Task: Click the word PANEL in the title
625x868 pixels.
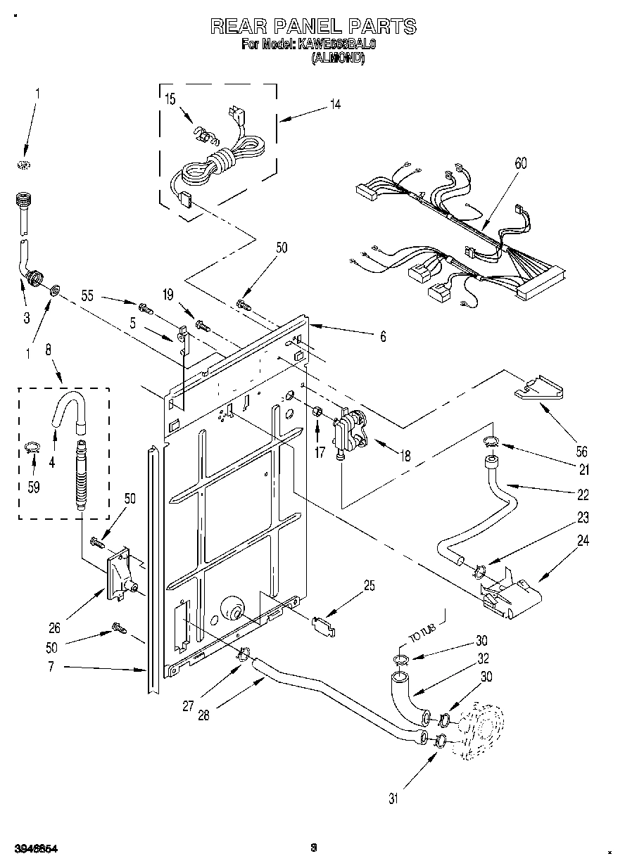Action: click(x=311, y=27)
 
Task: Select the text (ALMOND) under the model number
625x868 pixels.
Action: click(x=338, y=60)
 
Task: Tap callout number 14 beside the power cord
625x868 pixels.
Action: click(x=335, y=105)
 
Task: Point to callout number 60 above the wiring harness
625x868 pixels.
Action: click(x=520, y=163)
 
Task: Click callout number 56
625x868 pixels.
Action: click(x=562, y=452)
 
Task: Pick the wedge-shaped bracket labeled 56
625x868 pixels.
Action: click(x=539, y=389)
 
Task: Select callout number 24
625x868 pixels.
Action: click(x=583, y=541)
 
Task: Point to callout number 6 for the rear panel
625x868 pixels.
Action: click(x=383, y=337)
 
